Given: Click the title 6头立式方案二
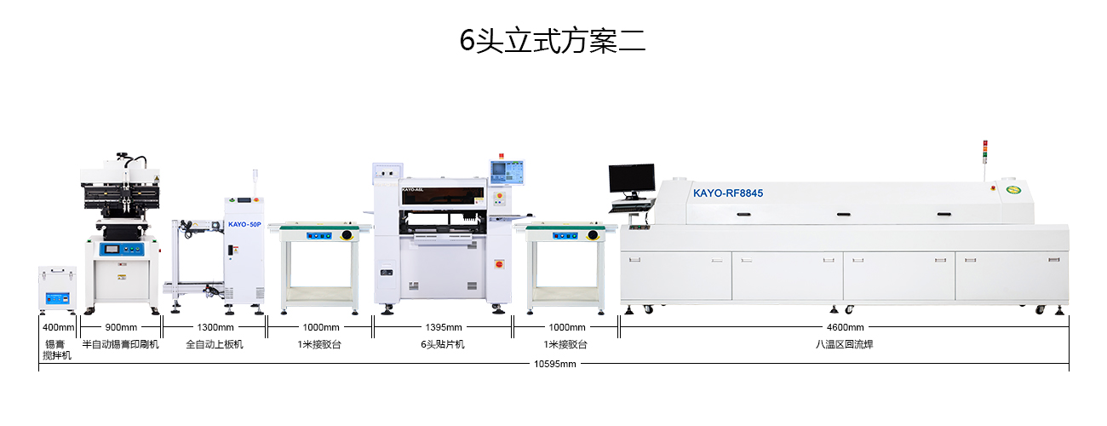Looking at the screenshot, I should (553, 40).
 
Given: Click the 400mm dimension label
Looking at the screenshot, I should (58, 327).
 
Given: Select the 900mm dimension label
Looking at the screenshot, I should (121, 327).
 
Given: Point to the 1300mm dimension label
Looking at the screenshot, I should (215, 327).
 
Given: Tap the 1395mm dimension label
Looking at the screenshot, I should (443, 327).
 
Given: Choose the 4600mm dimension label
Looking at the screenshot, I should (845, 327).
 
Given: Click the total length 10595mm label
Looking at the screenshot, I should (554, 364).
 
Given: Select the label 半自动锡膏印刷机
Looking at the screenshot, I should (121, 344).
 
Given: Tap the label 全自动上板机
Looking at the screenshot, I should (215, 344).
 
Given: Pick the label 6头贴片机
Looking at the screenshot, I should (443, 344).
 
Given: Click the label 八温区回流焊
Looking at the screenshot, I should (845, 344).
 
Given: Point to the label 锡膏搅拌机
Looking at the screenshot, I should (58, 349).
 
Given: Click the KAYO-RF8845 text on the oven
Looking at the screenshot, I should (728, 193).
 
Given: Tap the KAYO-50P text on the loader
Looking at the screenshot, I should (244, 225).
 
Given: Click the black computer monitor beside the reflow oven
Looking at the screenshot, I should (631, 178).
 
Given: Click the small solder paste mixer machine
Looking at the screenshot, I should (57, 290).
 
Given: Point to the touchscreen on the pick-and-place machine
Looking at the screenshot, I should (507, 169).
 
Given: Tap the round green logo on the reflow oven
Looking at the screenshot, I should (1012, 190).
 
